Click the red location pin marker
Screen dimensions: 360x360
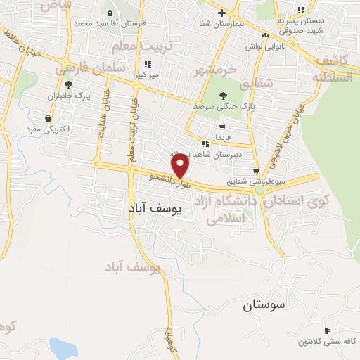pos(181,167)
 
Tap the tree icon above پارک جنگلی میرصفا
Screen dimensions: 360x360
pos(223,95)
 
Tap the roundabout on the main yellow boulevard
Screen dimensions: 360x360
pos(262,190)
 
